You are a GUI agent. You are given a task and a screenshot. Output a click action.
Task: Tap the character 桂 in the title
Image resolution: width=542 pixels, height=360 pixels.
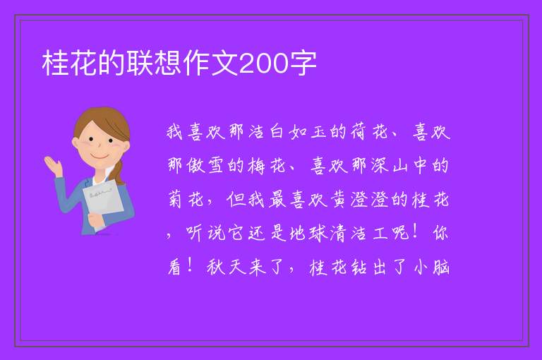(55, 63)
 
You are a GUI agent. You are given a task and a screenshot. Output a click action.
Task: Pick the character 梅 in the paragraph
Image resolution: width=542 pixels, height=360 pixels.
(256, 165)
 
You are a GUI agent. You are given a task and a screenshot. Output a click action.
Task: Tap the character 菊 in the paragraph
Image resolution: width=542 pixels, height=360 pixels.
(175, 199)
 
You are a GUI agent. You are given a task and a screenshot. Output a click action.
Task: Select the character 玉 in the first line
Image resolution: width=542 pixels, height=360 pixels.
(318, 131)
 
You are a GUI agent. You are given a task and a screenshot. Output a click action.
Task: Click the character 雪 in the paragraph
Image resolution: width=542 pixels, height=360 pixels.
(216, 165)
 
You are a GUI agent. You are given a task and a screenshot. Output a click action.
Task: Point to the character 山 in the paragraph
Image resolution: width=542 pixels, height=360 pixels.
(400, 166)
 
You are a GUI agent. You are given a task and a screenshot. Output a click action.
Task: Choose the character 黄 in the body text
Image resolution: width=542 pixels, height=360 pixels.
(339, 199)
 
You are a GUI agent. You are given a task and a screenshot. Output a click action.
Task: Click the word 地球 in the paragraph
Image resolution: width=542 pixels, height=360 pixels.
(308, 233)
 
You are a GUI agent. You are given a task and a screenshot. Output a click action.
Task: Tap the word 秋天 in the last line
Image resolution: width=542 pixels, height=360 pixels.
(227, 267)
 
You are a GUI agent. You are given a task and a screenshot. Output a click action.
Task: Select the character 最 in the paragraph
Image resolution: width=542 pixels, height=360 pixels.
(277, 199)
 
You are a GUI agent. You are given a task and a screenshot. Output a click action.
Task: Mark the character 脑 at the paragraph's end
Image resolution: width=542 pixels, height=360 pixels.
(441, 267)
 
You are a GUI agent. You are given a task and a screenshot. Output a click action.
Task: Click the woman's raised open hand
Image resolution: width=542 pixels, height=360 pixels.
(53, 165)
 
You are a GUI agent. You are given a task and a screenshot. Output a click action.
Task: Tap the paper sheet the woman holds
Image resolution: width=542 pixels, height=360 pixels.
(103, 202)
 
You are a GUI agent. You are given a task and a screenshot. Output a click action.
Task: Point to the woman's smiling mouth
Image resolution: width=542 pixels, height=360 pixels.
(100, 156)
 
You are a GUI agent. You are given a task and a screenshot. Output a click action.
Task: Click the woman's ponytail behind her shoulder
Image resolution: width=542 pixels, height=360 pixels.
(119, 172)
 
